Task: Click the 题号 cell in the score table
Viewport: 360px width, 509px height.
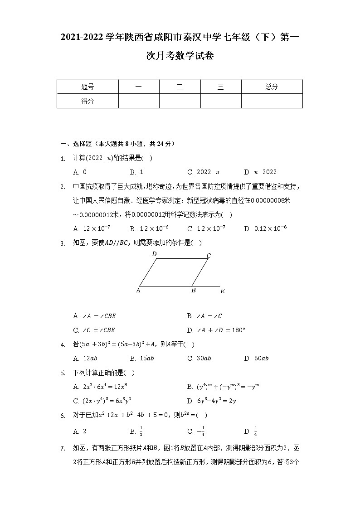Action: pyautogui.click(x=88, y=87)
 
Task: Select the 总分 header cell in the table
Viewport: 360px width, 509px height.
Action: pyautogui.click(x=272, y=87)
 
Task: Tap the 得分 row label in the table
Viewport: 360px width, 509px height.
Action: pyautogui.click(x=88, y=101)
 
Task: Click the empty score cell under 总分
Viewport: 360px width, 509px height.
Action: pyautogui.click(x=272, y=101)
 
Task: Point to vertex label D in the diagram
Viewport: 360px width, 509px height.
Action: pyautogui.click(x=154, y=254)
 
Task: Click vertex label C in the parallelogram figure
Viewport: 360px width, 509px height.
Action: pyautogui.click(x=209, y=256)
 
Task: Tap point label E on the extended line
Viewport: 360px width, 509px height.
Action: pyautogui.click(x=222, y=291)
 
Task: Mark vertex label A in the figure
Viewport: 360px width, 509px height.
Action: pyautogui.click(x=138, y=291)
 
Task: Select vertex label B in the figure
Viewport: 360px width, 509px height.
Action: pyautogui.click(x=193, y=291)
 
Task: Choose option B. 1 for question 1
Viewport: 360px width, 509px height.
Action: pyautogui.click(x=136, y=172)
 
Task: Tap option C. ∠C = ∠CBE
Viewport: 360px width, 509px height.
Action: pyautogui.click(x=94, y=330)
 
